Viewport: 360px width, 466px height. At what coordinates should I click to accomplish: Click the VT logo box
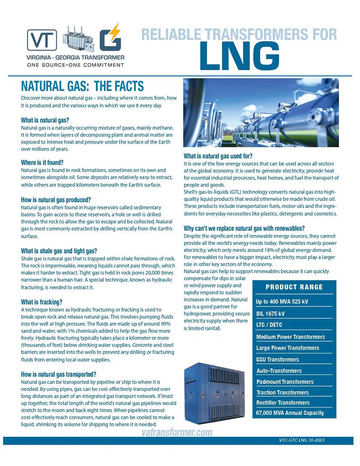[41, 39]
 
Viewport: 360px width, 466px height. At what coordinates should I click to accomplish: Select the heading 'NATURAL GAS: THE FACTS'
[82, 86]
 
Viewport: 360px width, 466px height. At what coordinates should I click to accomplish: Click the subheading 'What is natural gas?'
[45, 120]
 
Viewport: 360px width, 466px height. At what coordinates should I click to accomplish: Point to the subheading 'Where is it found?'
[42, 162]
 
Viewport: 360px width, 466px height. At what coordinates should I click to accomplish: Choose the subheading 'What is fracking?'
[41, 302]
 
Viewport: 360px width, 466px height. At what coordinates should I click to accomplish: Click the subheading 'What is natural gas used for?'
[218, 156]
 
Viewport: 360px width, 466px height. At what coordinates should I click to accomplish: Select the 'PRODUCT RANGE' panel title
[294, 287]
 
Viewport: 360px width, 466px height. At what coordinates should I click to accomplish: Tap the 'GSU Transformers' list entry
[278, 359]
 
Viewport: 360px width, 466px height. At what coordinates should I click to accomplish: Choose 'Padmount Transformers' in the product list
[285, 382]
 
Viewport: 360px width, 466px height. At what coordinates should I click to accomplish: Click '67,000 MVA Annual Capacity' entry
[290, 413]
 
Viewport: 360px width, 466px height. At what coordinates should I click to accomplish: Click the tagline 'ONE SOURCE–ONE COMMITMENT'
[75, 65]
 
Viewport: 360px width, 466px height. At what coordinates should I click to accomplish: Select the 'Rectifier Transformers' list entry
[283, 403]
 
